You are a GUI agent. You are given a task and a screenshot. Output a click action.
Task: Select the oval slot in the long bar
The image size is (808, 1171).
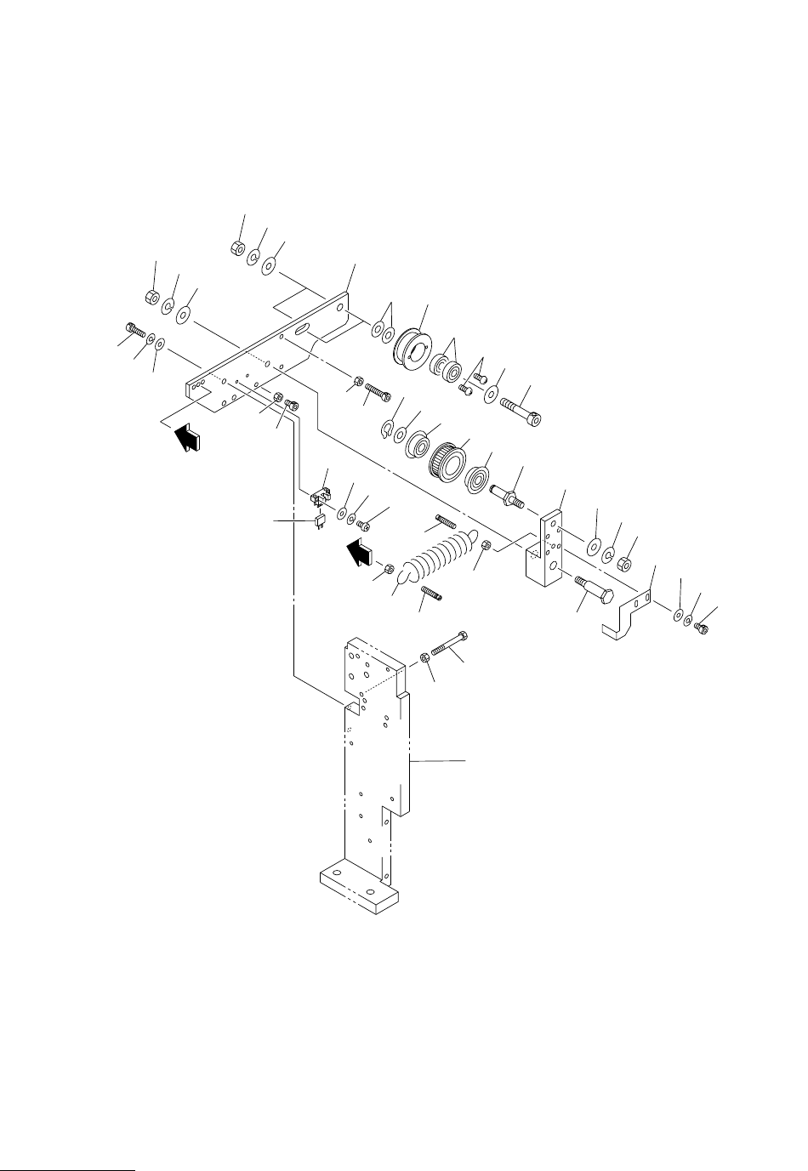pyautogui.click(x=301, y=327)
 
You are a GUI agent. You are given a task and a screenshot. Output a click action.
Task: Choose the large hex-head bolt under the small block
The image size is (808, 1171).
pyautogui.click(x=594, y=589)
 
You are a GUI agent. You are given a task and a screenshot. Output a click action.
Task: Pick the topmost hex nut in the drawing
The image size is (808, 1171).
pyautogui.click(x=238, y=248)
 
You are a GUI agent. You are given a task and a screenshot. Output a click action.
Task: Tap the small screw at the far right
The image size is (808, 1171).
pyautogui.click(x=702, y=629)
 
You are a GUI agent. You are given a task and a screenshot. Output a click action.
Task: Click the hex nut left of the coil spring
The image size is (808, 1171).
pyautogui.click(x=388, y=569)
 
